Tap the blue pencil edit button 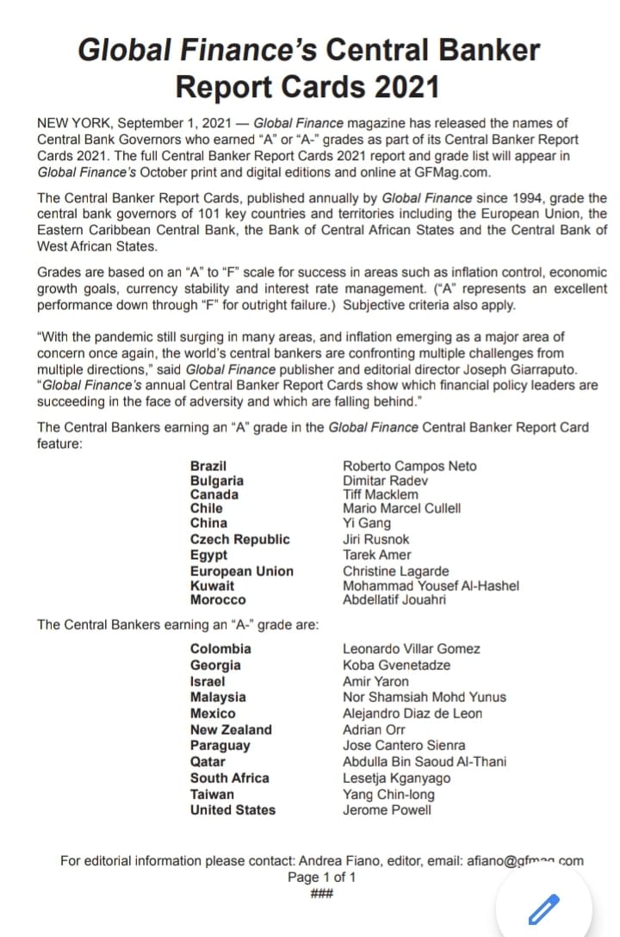coord(543,908)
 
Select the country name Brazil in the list coord(208,466)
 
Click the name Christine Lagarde coord(395,571)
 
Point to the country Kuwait coord(212,586)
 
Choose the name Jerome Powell coord(387,810)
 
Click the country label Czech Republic coord(240,539)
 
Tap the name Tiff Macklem coord(381,494)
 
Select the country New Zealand coord(231,729)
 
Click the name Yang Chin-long coord(388,795)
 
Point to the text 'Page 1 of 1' coord(321,877)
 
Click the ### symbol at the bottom coord(321,892)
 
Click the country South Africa coord(230,778)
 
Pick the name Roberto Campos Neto coord(409,466)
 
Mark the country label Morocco coord(218,599)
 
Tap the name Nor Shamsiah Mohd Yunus coord(425,697)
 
